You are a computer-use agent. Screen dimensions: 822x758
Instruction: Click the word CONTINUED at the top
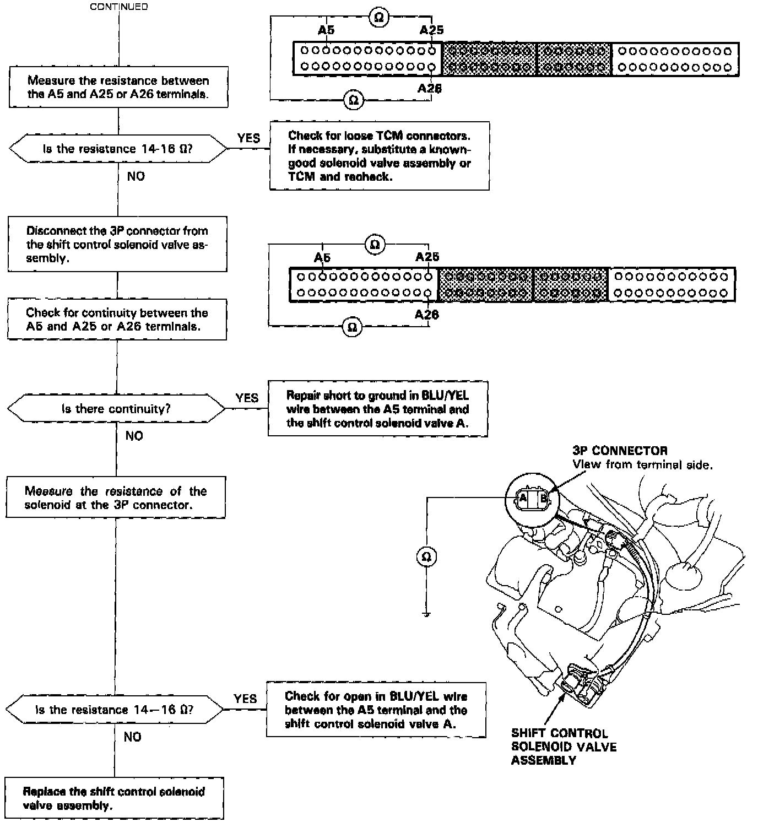(x=118, y=7)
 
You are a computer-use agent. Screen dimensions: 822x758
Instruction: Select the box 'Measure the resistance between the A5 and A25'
(x=118, y=87)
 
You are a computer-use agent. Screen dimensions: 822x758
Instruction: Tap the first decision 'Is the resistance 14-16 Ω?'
(x=118, y=149)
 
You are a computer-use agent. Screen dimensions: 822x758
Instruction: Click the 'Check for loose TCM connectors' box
(x=379, y=156)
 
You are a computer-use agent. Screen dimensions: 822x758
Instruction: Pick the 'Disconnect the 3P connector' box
(x=117, y=244)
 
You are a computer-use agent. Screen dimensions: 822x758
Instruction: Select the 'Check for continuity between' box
(x=117, y=320)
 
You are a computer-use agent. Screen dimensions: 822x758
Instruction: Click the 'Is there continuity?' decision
(x=116, y=409)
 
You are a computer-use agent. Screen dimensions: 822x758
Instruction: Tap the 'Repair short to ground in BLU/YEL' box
(x=377, y=409)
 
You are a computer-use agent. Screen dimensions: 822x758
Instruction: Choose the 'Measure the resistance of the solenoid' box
(x=116, y=497)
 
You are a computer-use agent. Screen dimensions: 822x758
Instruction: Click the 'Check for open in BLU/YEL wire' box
(x=376, y=710)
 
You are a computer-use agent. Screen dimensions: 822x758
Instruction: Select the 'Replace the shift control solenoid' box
(x=114, y=798)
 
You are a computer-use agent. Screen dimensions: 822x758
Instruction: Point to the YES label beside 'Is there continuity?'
(x=247, y=398)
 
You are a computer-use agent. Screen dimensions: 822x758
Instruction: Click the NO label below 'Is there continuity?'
(x=134, y=436)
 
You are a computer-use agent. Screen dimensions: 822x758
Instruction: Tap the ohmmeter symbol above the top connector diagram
(x=378, y=18)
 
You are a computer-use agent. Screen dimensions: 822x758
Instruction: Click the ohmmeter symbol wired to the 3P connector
(x=426, y=557)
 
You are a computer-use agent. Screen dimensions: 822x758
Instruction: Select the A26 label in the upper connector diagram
(x=430, y=88)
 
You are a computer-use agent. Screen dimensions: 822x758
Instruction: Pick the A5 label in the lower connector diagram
(x=322, y=257)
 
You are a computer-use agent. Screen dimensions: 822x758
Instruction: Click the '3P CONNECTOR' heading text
(x=620, y=451)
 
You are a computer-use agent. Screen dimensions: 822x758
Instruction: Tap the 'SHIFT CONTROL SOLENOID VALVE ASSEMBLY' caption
(x=564, y=747)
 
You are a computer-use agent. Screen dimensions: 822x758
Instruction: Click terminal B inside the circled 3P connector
(x=544, y=499)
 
